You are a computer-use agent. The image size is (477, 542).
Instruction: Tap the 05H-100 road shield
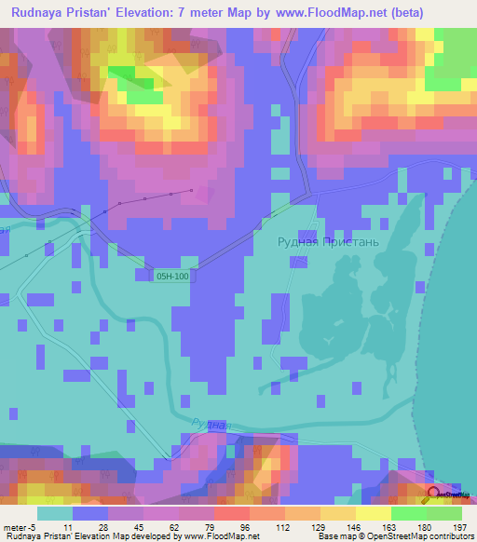[x=172, y=277]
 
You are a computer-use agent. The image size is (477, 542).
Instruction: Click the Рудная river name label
[x=211, y=424]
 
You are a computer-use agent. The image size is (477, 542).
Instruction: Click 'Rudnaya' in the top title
[x=41, y=13]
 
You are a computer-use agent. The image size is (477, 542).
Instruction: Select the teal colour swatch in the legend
[x=55, y=513]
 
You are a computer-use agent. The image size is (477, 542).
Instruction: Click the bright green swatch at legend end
[x=443, y=513]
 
